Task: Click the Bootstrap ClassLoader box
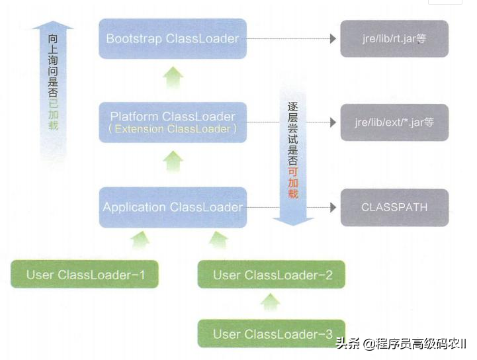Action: (172, 38)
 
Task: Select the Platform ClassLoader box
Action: (172, 122)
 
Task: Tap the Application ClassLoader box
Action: (172, 207)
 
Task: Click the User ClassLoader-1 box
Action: (85, 274)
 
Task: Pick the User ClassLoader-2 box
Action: (272, 274)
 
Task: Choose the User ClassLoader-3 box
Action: (272, 334)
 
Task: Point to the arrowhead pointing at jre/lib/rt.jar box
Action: (333, 39)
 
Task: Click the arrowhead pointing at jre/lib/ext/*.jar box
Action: (333, 122)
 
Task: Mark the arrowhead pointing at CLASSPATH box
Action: (333, 207)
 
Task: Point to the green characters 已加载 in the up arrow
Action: (53, 114)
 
